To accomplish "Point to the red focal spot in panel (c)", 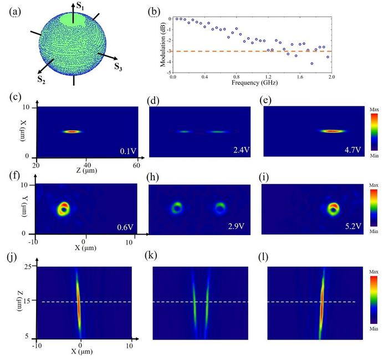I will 72,131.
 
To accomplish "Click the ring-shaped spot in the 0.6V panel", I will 64,208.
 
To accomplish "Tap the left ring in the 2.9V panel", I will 177,208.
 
